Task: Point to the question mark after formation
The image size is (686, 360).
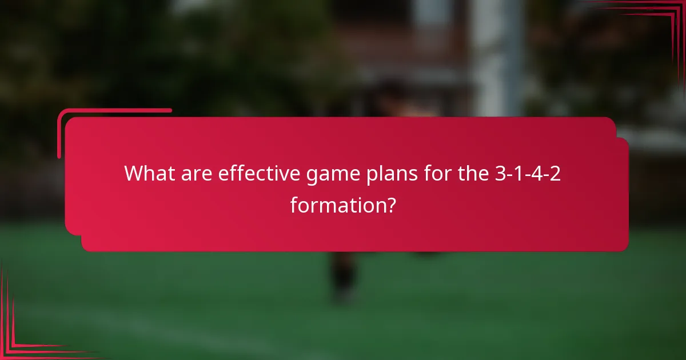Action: (x=390, y=204)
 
